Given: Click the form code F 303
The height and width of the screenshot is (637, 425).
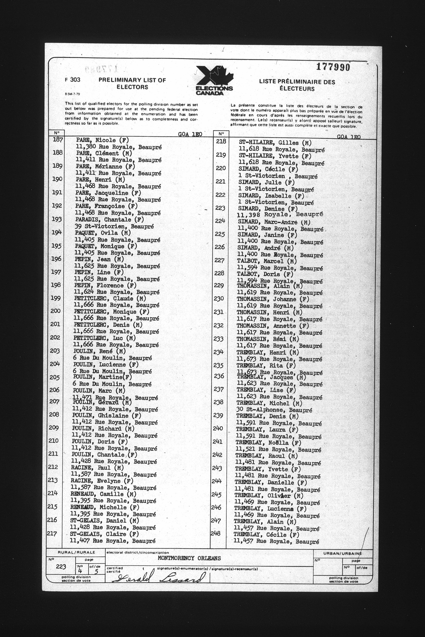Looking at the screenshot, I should point(73,80).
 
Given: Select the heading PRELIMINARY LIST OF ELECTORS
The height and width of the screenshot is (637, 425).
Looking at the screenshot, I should point(132,83).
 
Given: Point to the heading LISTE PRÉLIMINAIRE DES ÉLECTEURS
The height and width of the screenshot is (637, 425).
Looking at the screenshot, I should point(297,85).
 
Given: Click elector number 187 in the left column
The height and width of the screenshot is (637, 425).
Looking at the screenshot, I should point(58,140).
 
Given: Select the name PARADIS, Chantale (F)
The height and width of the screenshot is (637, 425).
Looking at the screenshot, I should point(109,220).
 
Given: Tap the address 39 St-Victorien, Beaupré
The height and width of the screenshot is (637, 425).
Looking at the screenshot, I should point(114,226).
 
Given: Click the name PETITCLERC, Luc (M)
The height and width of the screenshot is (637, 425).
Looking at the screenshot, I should point(104,338).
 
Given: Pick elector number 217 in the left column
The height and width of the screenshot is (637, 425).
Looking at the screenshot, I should point(52,534).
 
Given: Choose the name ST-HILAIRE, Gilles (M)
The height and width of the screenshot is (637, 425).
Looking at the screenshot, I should point(275,143).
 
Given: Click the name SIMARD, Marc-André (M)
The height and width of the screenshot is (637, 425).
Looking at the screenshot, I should point(274,222).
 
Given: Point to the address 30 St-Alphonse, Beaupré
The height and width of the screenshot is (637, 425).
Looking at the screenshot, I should point(274,410).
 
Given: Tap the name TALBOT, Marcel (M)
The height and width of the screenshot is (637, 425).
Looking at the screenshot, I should point(267,261).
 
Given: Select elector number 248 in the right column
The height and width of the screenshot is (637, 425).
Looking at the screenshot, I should point(215,533).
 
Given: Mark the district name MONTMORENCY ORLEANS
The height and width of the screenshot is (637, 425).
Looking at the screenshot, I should point(189,558).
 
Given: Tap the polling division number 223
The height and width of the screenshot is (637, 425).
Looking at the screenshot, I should point(61,567).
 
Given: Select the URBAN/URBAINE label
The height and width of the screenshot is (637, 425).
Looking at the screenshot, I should point(342,554).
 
